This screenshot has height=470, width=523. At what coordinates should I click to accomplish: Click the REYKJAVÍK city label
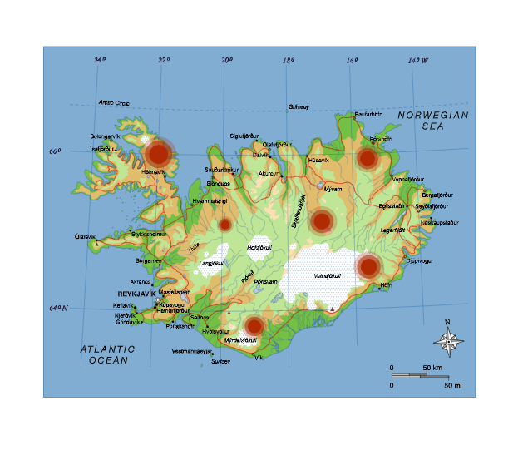tap(131, 294)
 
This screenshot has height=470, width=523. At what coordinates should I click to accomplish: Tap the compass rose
tap(449, 340)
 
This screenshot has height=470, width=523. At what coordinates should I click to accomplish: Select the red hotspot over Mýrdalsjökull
tap(254, 326)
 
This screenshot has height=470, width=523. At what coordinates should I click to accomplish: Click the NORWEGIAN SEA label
tap(433, 121)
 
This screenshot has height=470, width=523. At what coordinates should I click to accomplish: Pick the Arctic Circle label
tap(115, 103)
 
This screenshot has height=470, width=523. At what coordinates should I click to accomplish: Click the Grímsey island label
tap(299, 106)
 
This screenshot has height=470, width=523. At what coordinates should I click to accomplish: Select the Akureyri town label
tap(268, 173)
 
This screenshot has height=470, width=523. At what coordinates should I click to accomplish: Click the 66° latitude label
tap(55, 151)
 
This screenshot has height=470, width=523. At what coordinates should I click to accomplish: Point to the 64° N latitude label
tap(57, 309)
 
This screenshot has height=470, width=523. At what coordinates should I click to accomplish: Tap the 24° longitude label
tap(100, 60)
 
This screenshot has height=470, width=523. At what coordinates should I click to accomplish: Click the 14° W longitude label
tap(418, 60)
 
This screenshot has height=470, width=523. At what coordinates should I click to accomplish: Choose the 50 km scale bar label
tap(432, 367)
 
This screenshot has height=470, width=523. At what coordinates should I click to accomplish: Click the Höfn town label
tap(385, 285)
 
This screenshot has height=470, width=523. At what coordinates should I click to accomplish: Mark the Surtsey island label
tap(220, 362)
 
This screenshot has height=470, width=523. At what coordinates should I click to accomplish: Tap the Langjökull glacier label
tap(211, 264)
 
